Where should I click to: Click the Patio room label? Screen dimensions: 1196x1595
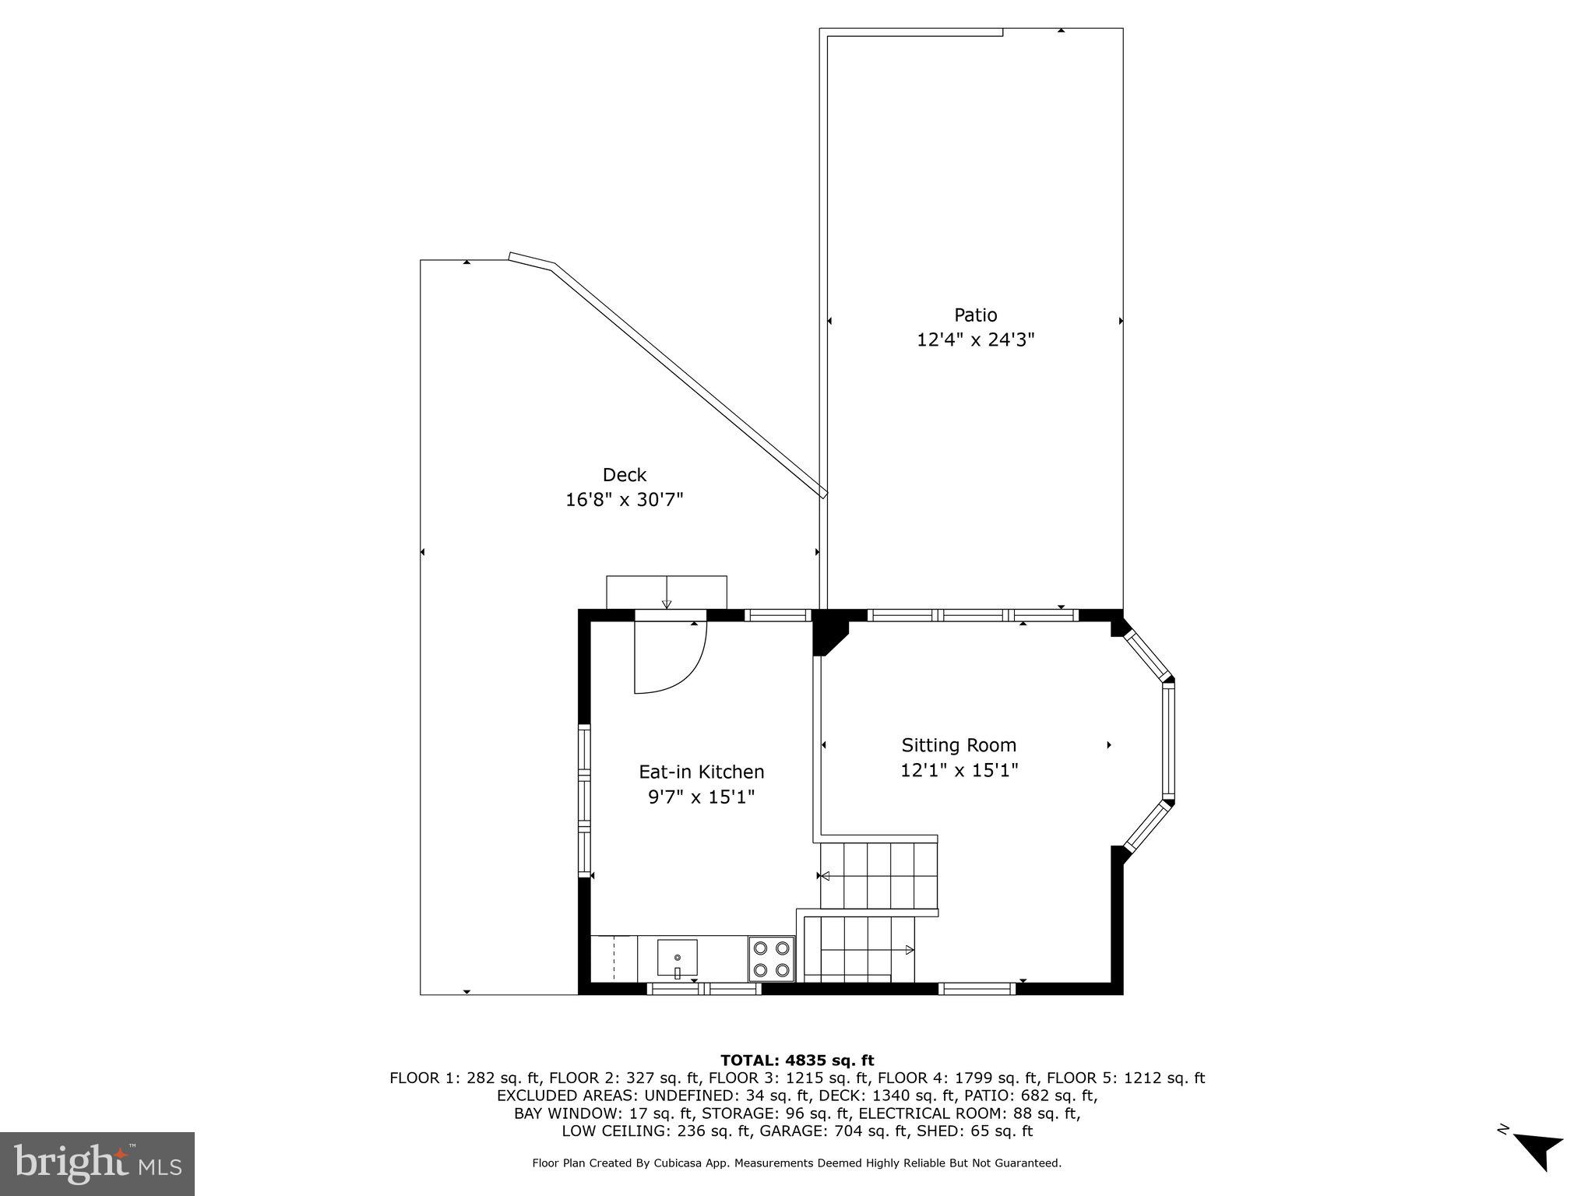pyautogui.click(x=975, y=315)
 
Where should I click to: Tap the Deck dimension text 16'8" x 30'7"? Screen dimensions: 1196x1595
pyautogui.click(x=624, y=500)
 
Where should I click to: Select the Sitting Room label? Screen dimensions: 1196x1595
pyautogui.click(x=959, y=745)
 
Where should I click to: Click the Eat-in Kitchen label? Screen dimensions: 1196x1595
pyautogui.click(x=701, y=772)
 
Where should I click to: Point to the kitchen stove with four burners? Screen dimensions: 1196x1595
pyautogui.click(x=771, y=959)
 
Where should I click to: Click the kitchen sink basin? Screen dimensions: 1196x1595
pyautogui.click(x=677, y=959)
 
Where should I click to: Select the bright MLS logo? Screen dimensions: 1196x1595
pyautogui.click(x=97, y=1163)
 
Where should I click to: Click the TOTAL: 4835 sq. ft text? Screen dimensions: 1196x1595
pyautogui.click(x=797, y=1061)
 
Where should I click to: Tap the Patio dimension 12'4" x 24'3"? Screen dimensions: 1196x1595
pyautogui.click(x=975, y=340)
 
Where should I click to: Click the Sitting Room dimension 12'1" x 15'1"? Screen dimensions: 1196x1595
pyautogui.click(x=959, y=771)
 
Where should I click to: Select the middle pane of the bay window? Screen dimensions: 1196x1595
pyautogui.click(x=1167, y=740)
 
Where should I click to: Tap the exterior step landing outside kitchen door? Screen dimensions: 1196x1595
pyautogui.click(x=666, y=591)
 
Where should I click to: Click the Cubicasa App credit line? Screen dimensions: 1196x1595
pyautogui.click(x=796, y=1163)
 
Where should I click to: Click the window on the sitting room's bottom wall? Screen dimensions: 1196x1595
pyautogui.click(x=977, y=989)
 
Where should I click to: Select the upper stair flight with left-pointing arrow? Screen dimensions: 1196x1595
pyautogui.click(x=878, y=875)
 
